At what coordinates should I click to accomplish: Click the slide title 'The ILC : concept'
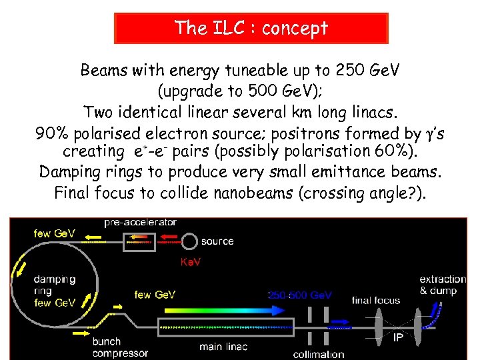(x=251, y=28)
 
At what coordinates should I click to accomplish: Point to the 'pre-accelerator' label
(x=141, y=222)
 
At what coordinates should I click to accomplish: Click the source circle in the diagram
(x=189, y=241)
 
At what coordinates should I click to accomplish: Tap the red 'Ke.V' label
(x=190, y=263)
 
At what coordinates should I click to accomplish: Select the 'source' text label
(x=217, y=241)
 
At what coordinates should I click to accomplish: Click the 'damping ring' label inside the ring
(x=55, y=285)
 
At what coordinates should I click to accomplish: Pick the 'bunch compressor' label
(x=120, y=347)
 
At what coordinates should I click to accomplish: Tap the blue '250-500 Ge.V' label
(x=300, y=295)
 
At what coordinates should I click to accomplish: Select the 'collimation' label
(x=319, y=354)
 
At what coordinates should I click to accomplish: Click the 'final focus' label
(x=376, y=301)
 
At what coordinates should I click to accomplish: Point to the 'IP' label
(x=397, y=338)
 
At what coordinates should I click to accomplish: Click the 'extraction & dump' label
(x=443, y=285)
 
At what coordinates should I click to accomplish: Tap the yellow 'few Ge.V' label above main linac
(x=155, y=295)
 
